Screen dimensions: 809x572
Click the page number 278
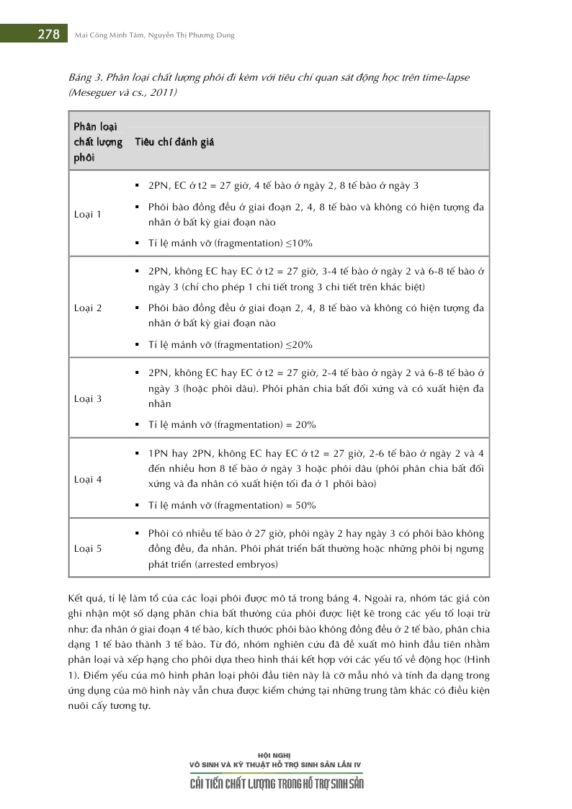click(x=48, y=35)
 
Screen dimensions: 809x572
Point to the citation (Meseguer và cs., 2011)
click(x=124, y=93)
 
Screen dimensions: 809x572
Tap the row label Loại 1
click(x=88, y=214)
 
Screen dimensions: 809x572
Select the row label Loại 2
click(x=88, y=308)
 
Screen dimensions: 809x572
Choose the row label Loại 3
click(x=88, y=398)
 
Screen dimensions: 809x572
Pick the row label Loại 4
click(x=88, y=479)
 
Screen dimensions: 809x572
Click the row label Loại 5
click(x=88, y=548)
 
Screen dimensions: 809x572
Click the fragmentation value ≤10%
click(x=299, y=243)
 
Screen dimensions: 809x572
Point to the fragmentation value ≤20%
click(x=299, y=344)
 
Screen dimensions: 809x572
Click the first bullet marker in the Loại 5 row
click(x=137, y=534)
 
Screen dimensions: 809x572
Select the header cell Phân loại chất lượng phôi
click(x=99, y=142)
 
